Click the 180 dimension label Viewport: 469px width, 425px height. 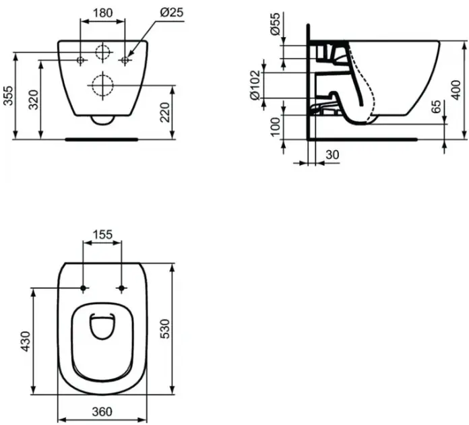coord(102,13)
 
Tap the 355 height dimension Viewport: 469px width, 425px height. coord(8,96)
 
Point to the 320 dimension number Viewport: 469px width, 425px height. coord(34,100)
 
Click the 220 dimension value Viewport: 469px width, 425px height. coord(165,112)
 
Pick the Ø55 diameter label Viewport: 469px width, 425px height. coord(275,24)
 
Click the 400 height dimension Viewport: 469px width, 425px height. coord(456,90)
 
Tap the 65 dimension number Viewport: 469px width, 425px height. coord(437,106)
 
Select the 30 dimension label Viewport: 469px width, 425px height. coord(332,155)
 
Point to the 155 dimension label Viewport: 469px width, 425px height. coord(102,234)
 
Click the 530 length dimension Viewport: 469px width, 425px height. coord(165,329)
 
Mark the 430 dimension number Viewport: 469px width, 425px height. coord(26,341)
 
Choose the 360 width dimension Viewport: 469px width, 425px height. coord(102,412)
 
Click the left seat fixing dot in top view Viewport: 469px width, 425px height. coord(84,288)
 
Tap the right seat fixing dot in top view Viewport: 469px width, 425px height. coord(121,288)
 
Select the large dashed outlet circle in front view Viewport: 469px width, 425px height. coord(102,75)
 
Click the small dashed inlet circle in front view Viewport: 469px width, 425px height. coord(102,45)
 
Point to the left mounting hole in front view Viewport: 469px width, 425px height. coord(80,60)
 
